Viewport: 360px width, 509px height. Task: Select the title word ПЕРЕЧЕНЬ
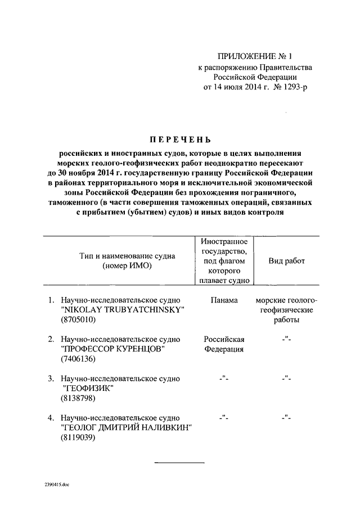click(x=180, y=139)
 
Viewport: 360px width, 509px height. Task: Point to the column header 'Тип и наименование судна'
click(x=127, y=256)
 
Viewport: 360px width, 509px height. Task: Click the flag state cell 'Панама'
click(x=224, y=300)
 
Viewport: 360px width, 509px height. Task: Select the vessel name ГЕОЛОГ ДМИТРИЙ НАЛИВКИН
click(x=126, y=427)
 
